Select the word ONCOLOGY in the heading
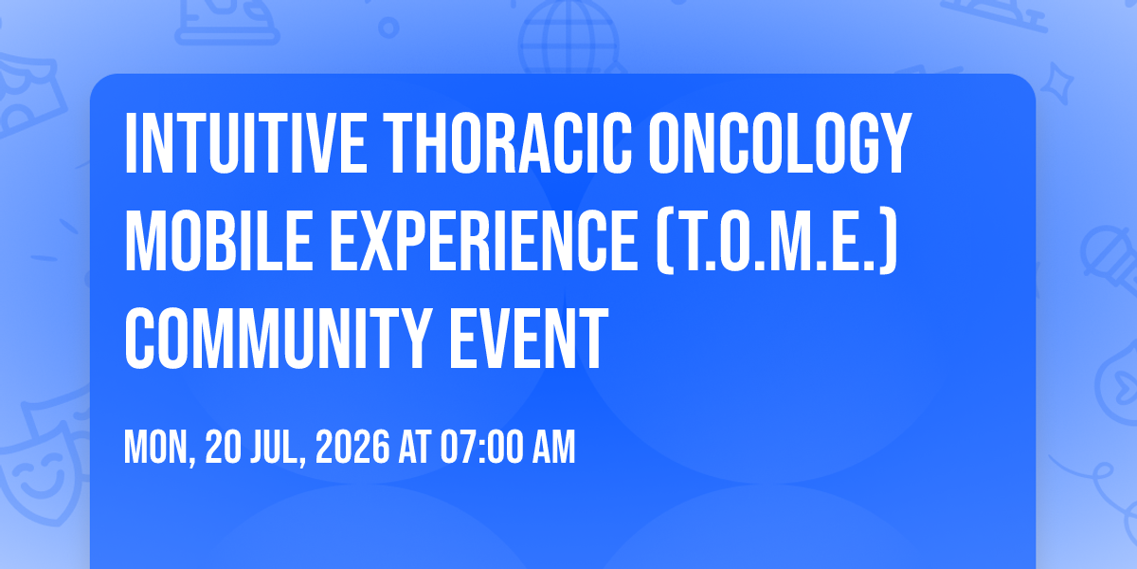(x=780, y=144)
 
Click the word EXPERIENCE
(x=484, y=242)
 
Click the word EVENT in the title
(x=529, y=340)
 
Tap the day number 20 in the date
(x=223, y=447)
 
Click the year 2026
(x=352, y=447)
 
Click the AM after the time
(x=553, y=447)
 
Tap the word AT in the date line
(x=415, y=447)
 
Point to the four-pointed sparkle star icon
(x=1056, y=84)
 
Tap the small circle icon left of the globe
(x=388, y=28)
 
